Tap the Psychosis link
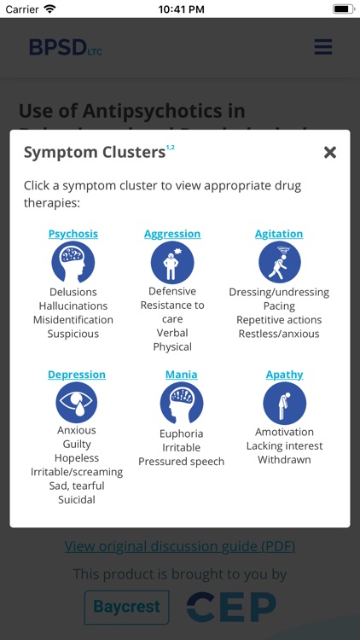tap(73, 234)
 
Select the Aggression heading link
tap(172, 234)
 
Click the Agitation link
tap(279, 234)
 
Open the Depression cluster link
tap(77, 375)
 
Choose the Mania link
tap(181, 375)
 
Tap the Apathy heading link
tap(284, 375)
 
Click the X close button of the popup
tap(330, 153)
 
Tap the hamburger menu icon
tap(323, 47)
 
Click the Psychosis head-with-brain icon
tap(73, 263)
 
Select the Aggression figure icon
tap(172, 263)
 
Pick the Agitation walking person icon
tap(279, 263)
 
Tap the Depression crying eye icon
tap(77, 403)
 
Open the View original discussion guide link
tap(180, 546)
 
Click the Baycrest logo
tap(126, 607)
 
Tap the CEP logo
tap(231, 607)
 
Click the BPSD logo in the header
tap(65, 48)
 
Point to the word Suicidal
tap(77, 500)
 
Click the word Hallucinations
tap(73, 306)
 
